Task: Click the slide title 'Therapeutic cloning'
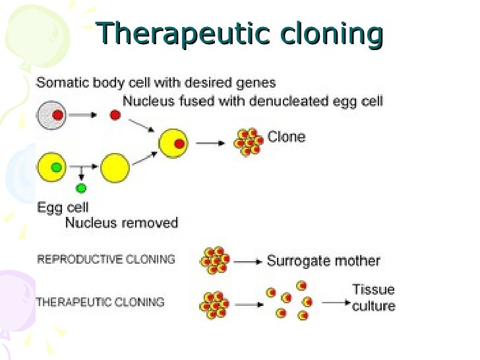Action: point(239,34)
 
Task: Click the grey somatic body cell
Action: point(50,115)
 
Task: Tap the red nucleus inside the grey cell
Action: point(57,115)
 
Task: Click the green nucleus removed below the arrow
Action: point(81,189)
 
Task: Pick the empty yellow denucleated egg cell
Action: point(115,167)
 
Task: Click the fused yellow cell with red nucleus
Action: point(173,143)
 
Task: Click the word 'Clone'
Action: point(286,137)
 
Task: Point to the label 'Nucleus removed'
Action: point(121,223)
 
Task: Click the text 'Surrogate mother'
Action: point(323,260)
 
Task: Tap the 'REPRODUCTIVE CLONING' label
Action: point(106,259)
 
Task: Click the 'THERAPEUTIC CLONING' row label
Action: point(100,303)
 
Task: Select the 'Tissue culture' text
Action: point(373,298)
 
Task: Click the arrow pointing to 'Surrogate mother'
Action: point(248,262)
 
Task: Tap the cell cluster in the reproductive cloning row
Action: point(215,260)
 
